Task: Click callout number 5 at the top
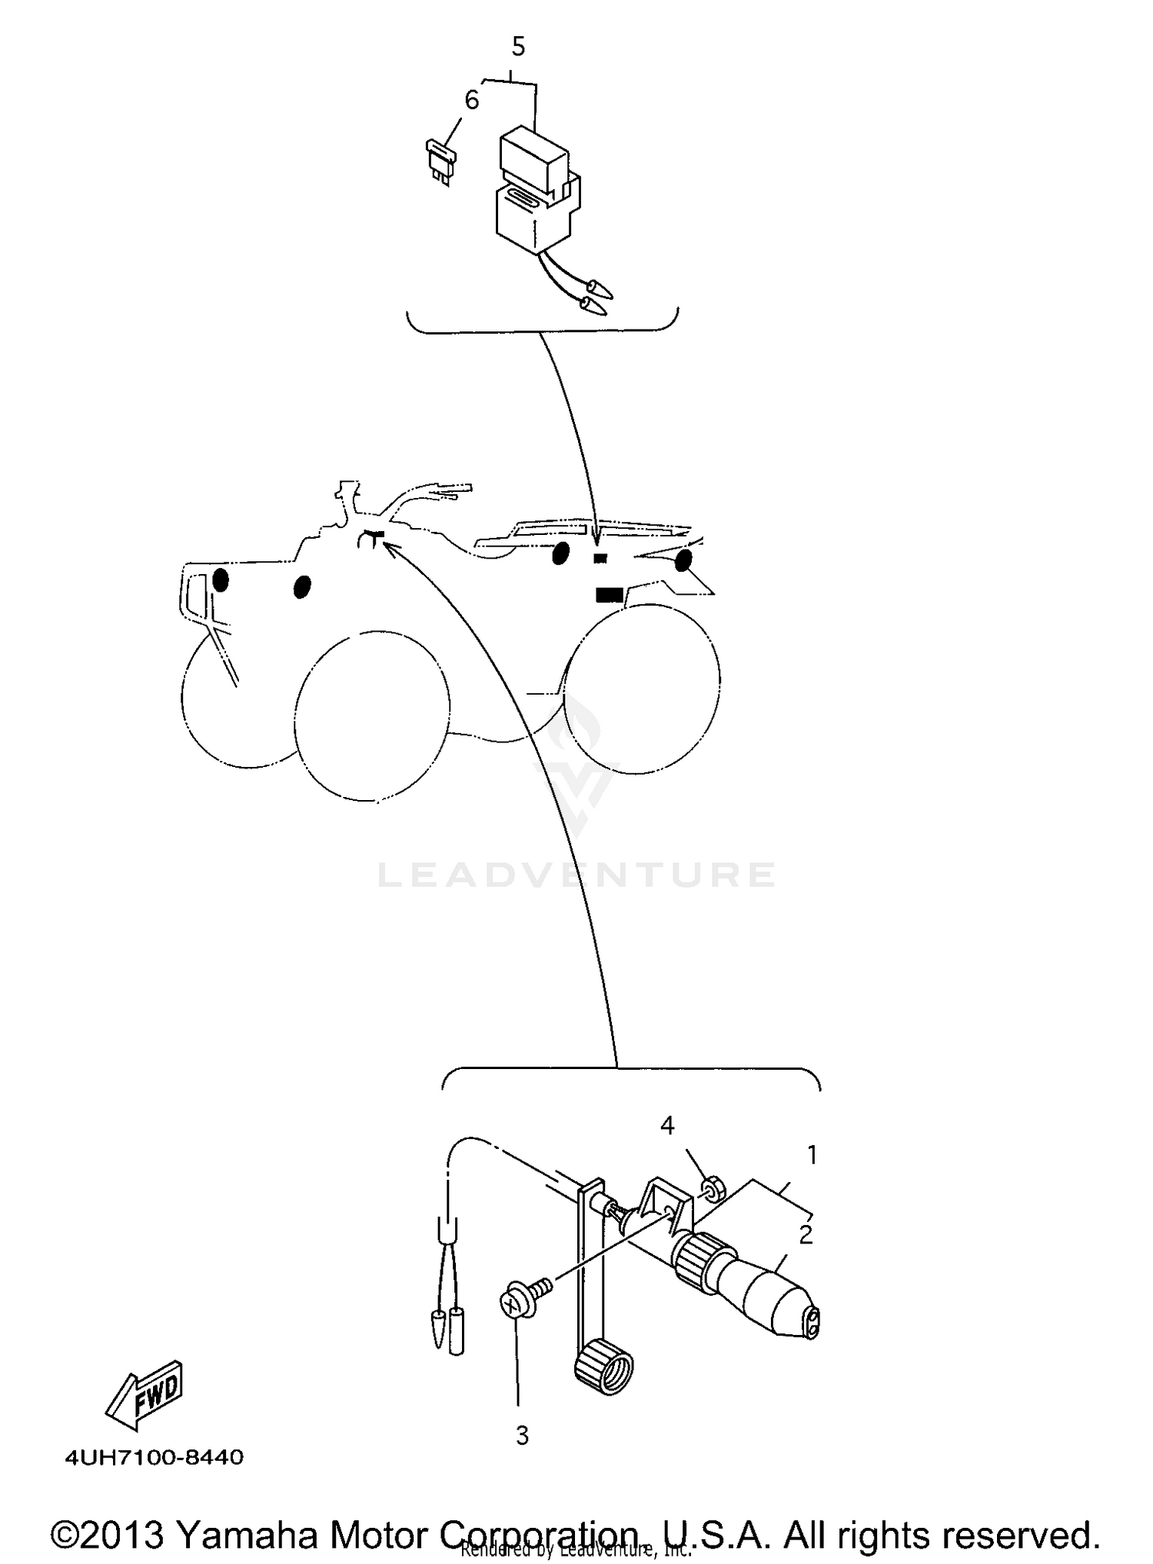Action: pos(518,47)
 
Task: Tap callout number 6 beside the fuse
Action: pos(471,100)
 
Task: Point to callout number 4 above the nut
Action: pos(667,1126)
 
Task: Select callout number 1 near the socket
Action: pos(812,1154)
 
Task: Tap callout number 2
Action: pos(806,1235)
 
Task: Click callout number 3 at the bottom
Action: pos(523,1436)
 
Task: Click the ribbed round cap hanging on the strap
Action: pos(604,1370)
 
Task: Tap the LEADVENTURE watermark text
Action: pos(576,875)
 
